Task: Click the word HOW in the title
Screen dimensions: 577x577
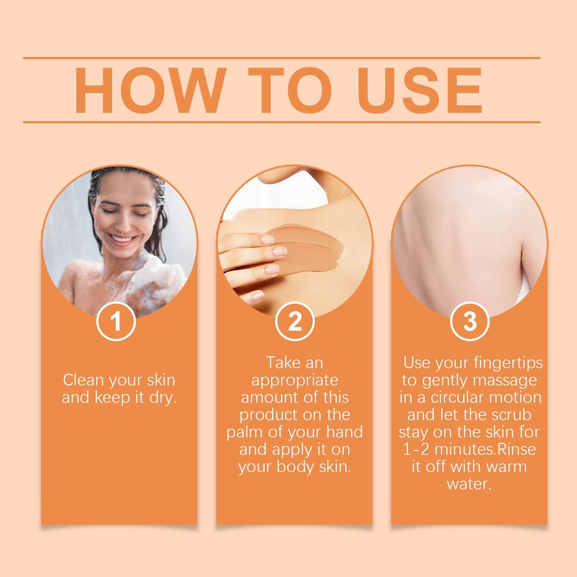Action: point(150,90)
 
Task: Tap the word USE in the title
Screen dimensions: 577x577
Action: point(419,90)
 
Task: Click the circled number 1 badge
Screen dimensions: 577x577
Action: point(116,321)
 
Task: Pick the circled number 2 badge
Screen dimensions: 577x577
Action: point(295,321)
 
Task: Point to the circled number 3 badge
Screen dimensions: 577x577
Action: point(469,321)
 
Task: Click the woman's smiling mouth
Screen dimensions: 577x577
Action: point(122,239)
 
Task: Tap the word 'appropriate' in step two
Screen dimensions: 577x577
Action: point(295,381)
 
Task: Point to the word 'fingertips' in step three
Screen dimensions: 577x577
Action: point(508,363)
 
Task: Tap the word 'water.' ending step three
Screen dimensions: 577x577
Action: point(469,484)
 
